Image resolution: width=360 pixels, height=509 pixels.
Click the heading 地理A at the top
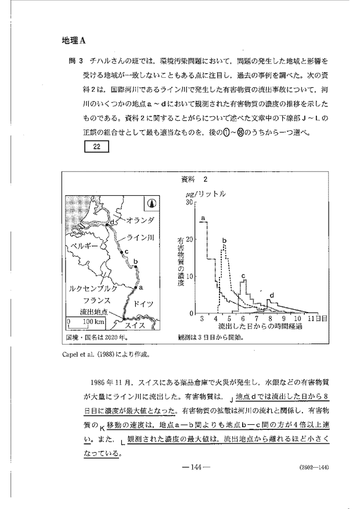(73, 41)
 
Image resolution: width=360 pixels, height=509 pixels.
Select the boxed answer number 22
(97, 146)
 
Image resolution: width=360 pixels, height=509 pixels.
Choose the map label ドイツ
(143, 304)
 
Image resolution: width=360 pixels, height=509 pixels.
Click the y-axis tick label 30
(189, 203)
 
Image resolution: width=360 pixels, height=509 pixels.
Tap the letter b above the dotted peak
(224, 239)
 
